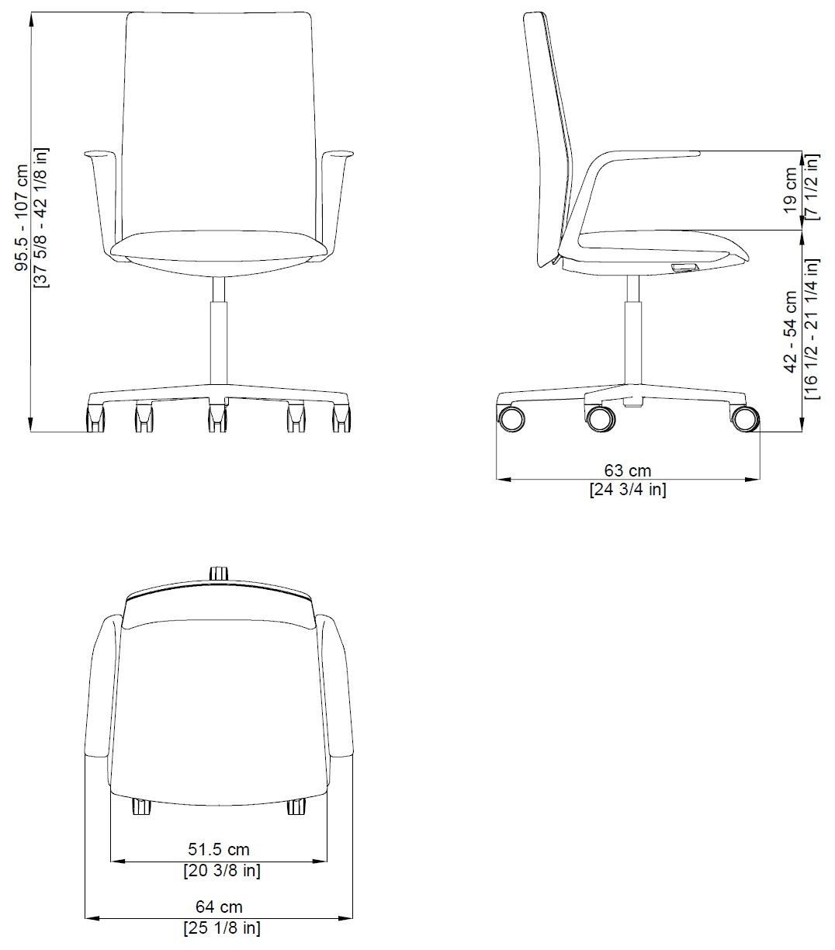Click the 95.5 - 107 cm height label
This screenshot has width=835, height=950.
click(23, 218)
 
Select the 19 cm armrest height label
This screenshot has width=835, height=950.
click(791, 189)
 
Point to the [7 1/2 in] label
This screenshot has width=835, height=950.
click(811, 189)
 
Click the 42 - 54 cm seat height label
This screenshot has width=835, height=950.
click(791, 331)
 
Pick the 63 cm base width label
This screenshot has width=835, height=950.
click(627, 470)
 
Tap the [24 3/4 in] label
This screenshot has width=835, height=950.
click(627, 489)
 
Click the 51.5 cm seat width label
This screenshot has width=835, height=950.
click(219, 850)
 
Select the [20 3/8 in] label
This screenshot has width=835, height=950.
click(221, 871)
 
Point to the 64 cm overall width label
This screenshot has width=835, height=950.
click(219, 907)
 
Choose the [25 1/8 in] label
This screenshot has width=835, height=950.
click(221, 927)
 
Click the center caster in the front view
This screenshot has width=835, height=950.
click(217, 418)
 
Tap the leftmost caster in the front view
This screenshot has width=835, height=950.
click(95, 419)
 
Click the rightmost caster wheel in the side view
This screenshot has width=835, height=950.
click(744, 418)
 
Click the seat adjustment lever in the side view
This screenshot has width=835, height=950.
click(684, 268)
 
